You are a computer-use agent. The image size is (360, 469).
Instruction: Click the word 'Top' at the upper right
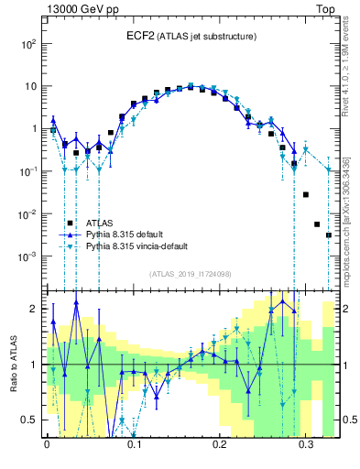point(326,7)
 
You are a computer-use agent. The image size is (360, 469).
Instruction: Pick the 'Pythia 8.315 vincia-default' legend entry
point(140,246)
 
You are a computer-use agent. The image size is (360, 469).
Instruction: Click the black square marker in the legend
point(70,223)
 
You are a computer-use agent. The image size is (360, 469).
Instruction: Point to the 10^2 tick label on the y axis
point(29,43)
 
